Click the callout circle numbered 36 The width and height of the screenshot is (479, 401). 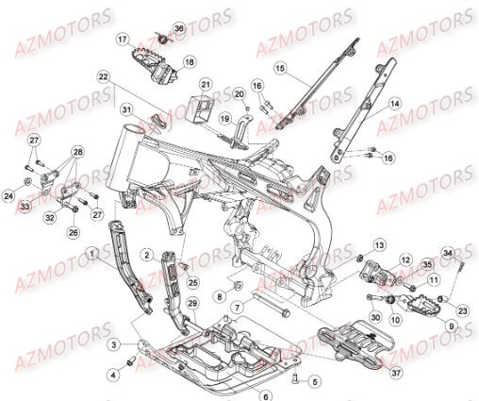(x=180, y=29)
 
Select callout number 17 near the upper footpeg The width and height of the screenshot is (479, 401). (x=148, y=40)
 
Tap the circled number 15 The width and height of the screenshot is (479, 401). (x=279, y=68)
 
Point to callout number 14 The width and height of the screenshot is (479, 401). (x=395, y=104)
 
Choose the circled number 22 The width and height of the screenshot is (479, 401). (x=129, y=76)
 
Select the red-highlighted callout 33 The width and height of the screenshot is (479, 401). (x=25, y=207)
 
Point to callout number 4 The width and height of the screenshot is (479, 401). (x=113, y=375)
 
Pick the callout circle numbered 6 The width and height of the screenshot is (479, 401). (x=266, y=395)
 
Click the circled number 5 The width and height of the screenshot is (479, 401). (x=314, y=382)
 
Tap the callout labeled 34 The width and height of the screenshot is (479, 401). (x=449, y=252)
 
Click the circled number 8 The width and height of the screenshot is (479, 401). (x=219, y=296)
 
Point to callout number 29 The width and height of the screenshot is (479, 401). (x=192, y=302)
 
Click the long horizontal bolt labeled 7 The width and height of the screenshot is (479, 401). (x=273, y=308)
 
